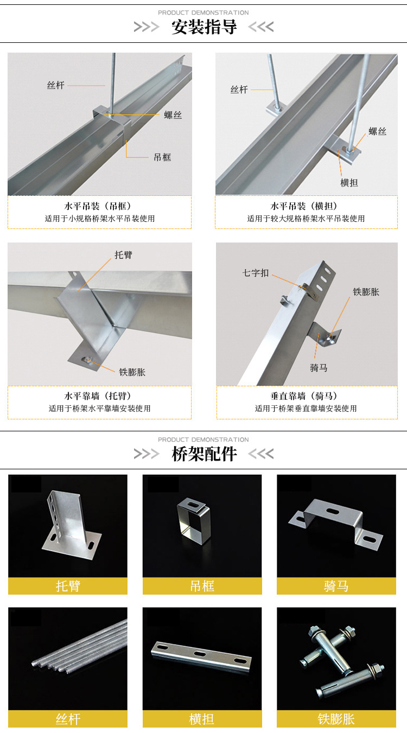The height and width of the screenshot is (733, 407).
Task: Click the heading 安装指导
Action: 204,27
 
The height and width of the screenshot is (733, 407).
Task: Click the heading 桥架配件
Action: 204,454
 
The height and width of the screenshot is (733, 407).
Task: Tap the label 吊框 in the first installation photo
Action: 162,157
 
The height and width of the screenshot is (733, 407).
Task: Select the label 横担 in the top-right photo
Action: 349,183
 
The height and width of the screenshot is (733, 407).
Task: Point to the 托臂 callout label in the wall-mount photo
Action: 123,255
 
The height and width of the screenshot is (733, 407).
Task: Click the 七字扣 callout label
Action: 256,273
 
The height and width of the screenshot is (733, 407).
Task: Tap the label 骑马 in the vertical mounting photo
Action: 319,368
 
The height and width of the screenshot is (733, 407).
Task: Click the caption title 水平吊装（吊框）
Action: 98,206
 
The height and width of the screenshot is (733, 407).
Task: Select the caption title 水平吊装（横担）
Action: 303,206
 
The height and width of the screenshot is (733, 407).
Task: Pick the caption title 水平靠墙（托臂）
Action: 98,396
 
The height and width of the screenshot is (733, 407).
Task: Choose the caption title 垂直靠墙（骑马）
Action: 303,396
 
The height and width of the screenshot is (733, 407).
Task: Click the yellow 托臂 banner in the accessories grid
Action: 68,586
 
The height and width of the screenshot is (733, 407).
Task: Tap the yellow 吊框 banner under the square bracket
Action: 202,586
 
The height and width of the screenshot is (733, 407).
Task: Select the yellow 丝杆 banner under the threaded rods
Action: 68,718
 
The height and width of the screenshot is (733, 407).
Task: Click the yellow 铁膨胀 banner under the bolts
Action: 336,718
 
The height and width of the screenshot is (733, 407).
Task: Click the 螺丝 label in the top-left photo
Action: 173,115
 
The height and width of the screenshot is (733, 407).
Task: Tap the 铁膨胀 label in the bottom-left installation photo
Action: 132,372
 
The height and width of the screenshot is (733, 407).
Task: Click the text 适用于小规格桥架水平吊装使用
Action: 100,219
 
